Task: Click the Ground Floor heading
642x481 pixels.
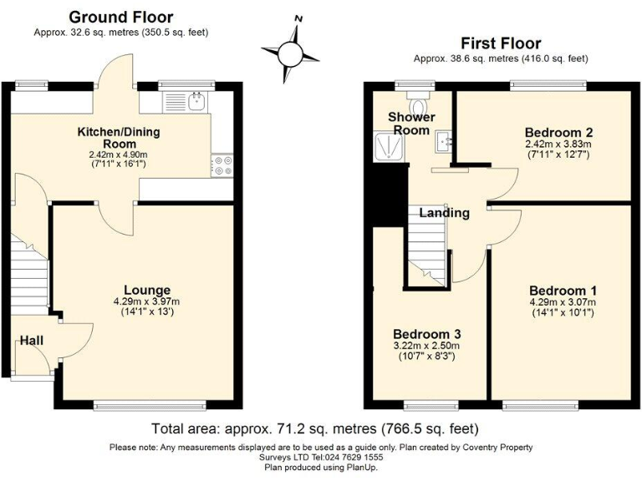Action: pos(120,17)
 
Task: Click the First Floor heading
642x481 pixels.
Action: pos(501,43)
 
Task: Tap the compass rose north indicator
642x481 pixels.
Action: pos(297,18)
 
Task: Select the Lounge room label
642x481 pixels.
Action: pos(147,290)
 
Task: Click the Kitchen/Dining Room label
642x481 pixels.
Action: pos(119,139)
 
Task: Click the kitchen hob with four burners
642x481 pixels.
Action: pos(222,165)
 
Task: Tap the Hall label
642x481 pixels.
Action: pos(33,341)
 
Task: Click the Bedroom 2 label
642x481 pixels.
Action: pos(559,132)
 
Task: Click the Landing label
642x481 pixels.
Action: pos(444,213)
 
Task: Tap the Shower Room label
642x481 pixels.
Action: pos(410,124)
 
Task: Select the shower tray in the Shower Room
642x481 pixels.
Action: pos(389,148)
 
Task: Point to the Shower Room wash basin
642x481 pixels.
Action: pos(443,143)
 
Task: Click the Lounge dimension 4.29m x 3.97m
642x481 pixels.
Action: pos(147,301)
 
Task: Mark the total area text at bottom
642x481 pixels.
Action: pos(315,429)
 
